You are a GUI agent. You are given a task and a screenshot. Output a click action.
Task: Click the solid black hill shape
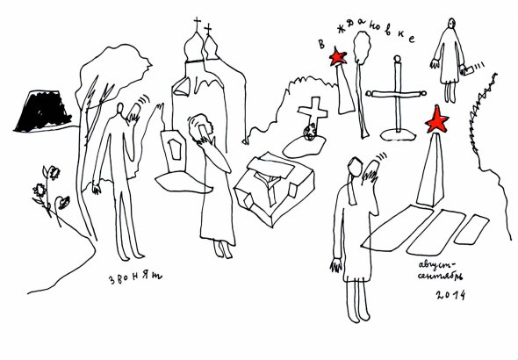[43, 111]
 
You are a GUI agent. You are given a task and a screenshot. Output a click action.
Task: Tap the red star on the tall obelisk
[436, 119]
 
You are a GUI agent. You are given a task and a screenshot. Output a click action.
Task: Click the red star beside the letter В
[338, 56]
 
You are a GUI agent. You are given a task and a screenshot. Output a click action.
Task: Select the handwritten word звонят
[135, 277]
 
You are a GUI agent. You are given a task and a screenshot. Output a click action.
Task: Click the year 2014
[450, 295]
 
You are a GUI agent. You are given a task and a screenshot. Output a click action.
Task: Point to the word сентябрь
[440, 277]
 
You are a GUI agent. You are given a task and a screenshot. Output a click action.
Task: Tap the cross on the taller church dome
[198, 24]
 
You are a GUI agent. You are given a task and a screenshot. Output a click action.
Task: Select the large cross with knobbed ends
[396, 96]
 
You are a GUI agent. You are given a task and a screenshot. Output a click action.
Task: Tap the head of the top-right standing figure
[451, 23]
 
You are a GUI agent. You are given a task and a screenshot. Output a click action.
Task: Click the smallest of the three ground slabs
[471, 229]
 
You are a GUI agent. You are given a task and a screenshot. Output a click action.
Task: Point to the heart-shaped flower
[63, 203]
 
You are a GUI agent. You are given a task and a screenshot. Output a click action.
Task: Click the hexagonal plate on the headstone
[175, 149]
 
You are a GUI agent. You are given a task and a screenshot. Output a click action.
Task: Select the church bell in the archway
[183, 87]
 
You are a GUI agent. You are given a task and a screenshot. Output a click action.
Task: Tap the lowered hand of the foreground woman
[335, 265]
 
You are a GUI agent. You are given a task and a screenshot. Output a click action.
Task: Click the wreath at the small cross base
[311, 131]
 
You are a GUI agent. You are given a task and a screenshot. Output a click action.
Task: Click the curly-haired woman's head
[200, 126]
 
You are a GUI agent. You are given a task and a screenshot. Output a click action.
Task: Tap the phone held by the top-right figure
[466, 70]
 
